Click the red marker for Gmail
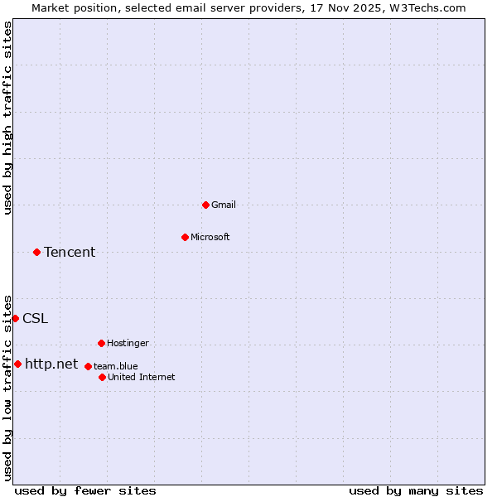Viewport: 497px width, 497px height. [205, 205]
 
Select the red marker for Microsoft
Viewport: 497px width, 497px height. [185, 237]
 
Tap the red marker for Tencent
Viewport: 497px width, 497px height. [36, 252]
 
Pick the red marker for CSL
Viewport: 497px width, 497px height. [15, 318]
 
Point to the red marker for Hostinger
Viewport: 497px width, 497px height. [101, 343]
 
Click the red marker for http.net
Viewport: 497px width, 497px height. [17, 364]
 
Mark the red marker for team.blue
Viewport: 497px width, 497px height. [88, 366]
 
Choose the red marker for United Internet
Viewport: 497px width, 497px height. [102, 377]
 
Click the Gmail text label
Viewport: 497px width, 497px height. [224, 205]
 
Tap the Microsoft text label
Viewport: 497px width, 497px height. [210, 237]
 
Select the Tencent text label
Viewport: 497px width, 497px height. [70, 252]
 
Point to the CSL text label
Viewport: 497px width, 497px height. [35, 318]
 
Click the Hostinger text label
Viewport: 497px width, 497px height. [128, 343]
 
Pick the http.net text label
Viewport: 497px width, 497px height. [51, 364]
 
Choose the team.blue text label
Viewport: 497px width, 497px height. [116, 366]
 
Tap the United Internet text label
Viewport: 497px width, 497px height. [142, 377]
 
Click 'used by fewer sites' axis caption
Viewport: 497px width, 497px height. [85, 490]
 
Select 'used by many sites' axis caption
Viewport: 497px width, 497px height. [416, 490]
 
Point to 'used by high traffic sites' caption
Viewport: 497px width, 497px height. [7, 118]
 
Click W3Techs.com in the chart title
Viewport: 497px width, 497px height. [427, 7]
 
